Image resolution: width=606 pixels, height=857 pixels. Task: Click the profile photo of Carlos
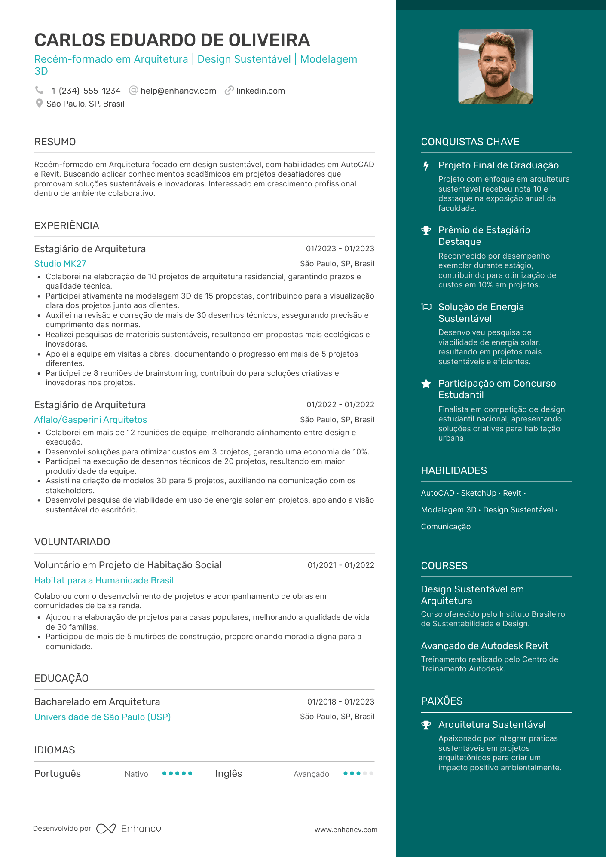pos(496,66)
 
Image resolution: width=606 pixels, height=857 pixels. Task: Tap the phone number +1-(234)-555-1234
pos(83,91)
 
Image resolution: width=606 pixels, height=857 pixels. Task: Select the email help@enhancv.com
pos(178,91)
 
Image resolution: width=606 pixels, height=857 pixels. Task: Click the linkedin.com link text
pos(260,91)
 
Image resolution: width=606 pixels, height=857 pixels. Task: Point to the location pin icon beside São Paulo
pos(39,104)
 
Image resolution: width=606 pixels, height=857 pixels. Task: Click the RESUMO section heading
pos(55,142)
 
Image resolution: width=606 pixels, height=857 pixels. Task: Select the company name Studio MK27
pos(60,264)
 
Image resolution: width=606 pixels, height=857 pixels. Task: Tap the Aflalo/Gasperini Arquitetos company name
pos(91,420)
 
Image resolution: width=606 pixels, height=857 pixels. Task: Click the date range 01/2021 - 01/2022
pos(341,565)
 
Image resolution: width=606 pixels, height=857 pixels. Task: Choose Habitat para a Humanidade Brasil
pos(104,580)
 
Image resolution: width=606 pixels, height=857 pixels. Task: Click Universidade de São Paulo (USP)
pos(102,717)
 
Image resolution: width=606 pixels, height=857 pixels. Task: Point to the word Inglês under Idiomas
pos(229,774)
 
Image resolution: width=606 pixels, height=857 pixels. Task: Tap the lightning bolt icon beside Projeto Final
pos(426,166)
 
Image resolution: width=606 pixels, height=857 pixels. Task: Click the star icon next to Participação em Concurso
pos(426,384)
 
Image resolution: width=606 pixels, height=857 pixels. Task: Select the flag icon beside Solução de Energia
pos(426,307)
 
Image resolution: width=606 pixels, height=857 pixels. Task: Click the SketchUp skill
pos(478,493)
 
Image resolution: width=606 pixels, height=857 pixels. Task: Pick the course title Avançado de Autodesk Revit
pos(485,646)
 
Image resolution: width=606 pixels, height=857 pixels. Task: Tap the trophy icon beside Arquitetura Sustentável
pos(426,725)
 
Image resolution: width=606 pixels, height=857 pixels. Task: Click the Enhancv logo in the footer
pos(129,829)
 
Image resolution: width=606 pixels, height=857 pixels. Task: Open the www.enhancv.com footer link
pos(346,830)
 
